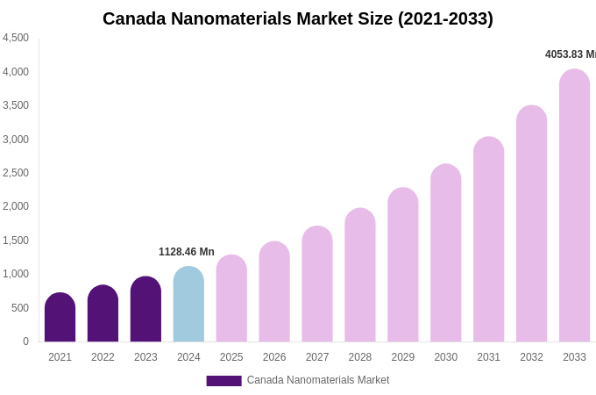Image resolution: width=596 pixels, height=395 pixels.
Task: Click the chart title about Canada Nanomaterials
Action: [298, 18]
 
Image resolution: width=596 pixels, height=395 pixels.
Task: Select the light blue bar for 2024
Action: [188, 305]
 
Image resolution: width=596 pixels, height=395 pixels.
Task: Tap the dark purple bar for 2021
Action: [60, 318]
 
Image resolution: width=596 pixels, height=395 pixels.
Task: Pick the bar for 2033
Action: [574, 206]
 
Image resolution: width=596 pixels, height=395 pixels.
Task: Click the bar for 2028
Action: [359, 276]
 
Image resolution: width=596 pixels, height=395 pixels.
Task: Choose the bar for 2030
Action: [445, 254]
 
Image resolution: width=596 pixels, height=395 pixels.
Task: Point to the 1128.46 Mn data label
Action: [187, 252]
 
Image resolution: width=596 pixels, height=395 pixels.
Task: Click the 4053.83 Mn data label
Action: [570, 54]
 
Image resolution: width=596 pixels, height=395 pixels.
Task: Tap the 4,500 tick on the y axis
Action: [16, 38]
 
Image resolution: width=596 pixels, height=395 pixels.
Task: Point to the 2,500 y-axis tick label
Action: [16, 173]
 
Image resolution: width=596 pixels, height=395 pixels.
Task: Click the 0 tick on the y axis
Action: [25, 341]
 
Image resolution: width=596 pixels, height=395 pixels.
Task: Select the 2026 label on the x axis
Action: [274, 357]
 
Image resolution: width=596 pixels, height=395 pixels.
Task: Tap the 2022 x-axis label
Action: [103, 357]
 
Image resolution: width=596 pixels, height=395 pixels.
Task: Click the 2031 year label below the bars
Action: [488, 357]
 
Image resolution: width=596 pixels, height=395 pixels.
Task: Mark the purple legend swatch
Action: [223, 381]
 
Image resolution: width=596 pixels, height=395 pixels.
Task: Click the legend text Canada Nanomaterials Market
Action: [318, 380]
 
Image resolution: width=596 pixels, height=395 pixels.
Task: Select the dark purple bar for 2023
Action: [145, 310]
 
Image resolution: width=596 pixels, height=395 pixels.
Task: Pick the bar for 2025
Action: [231, 299]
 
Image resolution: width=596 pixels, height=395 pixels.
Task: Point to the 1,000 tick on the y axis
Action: [16, 274]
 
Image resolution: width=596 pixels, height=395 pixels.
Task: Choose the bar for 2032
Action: [531, 225]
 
